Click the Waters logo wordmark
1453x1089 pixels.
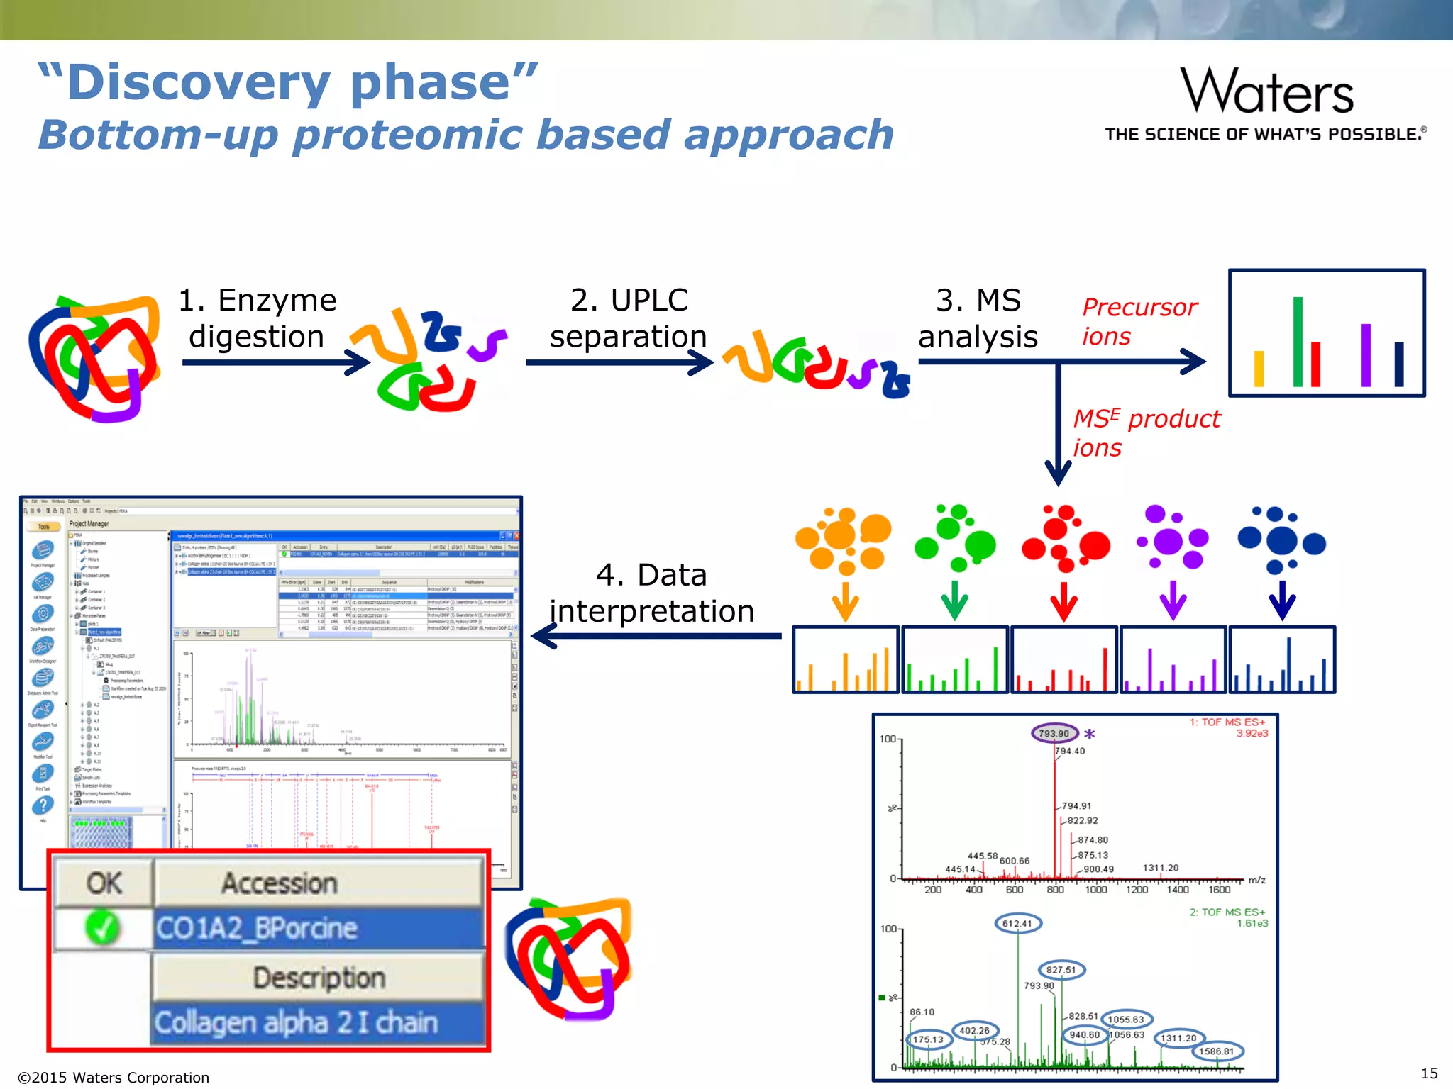(x=1267, y=92)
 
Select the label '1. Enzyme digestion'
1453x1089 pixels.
(x=257, y=318)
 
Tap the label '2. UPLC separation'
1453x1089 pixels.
(x=629, y=318)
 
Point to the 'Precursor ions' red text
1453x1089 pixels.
(x=1139, y=321)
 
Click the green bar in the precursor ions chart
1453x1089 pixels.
(x=1298, y=341)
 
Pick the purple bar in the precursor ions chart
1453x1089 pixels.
(x=1366, y=354)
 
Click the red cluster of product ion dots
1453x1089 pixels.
(x=1064, y=539)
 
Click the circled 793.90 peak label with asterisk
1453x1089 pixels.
(x=1054, y=734)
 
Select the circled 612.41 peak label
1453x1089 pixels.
(x=1017, y=923)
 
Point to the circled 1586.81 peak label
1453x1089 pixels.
(x=1217, y=1051)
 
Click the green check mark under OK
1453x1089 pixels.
(x=103, y=927)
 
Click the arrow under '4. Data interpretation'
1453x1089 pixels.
(x=656, y=636)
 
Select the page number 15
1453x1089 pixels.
(x=1429, y=1073)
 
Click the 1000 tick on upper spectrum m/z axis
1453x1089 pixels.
(x=1096, y=889)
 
